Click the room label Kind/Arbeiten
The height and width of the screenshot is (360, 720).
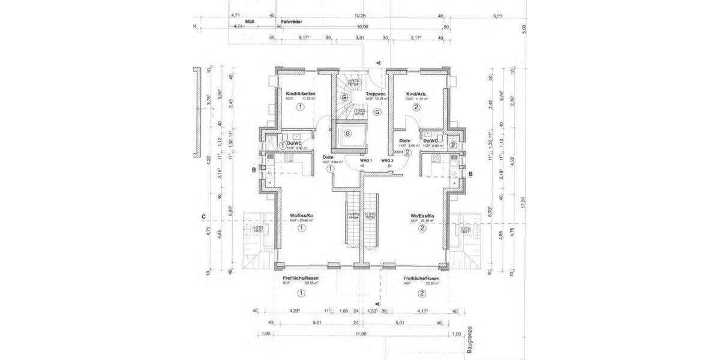pyautogui.click(x=301, y=94)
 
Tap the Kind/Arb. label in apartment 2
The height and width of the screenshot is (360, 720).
pyautogui.click(x=416, y=94)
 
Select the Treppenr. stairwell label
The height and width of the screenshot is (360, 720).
pyautogui.click(x=376, y=94)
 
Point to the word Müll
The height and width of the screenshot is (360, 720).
pyautogui.click(x=243, y=20)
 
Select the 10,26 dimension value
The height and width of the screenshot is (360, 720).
pyautogui.click(x=360, y=16)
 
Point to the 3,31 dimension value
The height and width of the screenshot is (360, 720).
pyautogui.click(x=359, y=38)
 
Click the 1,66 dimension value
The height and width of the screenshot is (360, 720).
pyautogui.click(x=344, y=311)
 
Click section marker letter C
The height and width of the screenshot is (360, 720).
pyautogui.click(x=204, y=217)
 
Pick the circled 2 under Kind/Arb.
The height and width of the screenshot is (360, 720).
pyautogui.click(x=416, y=107)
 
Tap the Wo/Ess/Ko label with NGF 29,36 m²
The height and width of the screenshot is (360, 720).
pyautogui.click(x=422, y=215)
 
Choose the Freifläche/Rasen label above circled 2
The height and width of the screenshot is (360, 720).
pyautogui.click(x=422, y=279)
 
